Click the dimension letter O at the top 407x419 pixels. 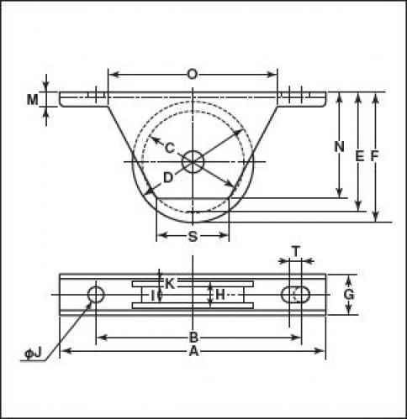193,75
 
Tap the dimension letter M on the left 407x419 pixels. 33,99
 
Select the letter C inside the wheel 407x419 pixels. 170,148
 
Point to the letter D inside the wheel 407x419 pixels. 168,178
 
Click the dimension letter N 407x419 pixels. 339,146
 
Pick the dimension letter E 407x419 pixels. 359,156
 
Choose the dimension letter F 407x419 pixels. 374,156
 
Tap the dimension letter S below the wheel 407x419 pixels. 193,237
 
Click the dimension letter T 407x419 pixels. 296,251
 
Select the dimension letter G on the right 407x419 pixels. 349,295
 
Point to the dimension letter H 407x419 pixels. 220,295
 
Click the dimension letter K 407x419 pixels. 170,284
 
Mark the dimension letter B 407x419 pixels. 193,338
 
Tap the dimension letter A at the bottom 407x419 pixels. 193,351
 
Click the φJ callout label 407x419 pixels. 33,354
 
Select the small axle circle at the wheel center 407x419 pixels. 193,162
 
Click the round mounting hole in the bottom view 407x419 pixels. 96,295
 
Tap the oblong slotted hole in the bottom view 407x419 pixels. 295,295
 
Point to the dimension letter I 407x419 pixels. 153,296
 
